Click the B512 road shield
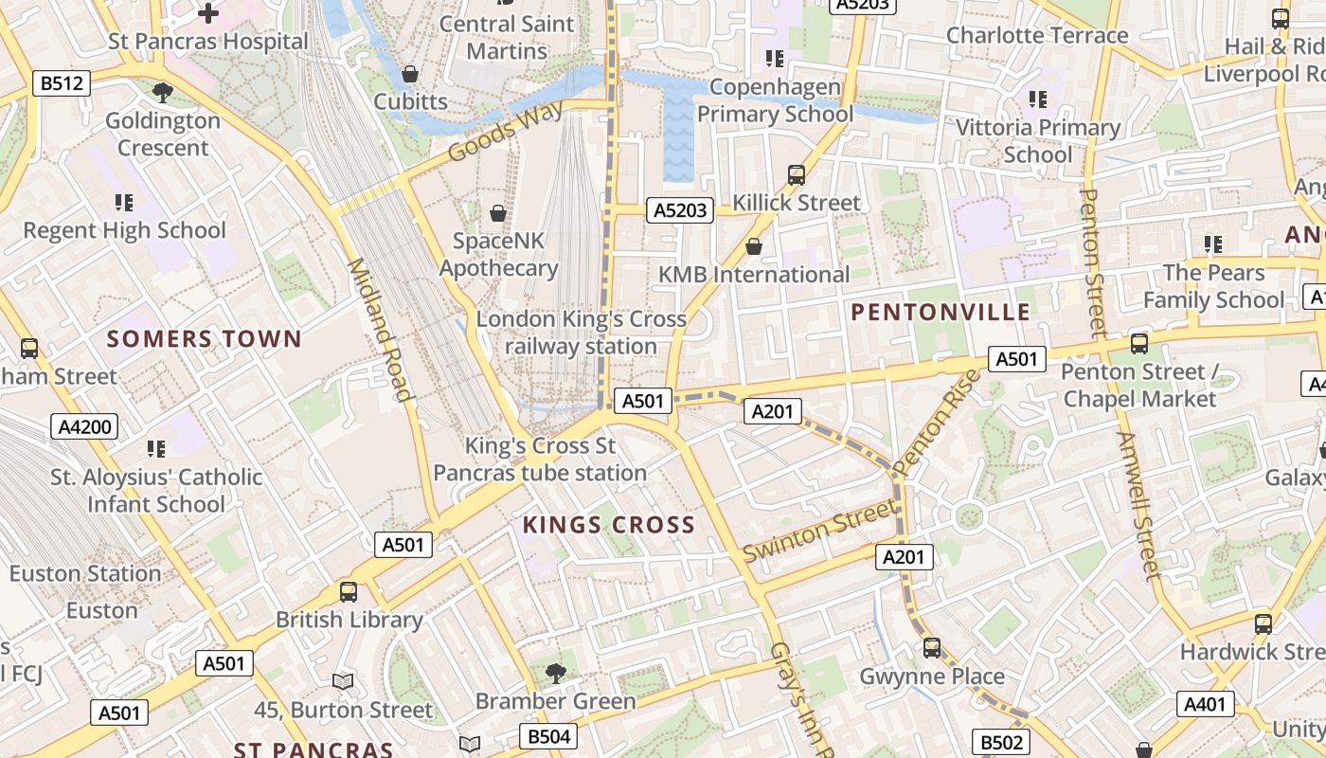62,83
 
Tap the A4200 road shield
85,427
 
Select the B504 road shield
548,737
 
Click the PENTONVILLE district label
941,312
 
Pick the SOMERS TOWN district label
204,338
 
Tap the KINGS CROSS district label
608,525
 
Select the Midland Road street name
380,330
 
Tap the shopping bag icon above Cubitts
410,73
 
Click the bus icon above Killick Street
797,175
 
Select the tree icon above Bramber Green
555,674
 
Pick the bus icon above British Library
349,592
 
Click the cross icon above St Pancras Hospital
208,13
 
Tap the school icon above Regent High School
124,202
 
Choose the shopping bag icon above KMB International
754,246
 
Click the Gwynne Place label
932,677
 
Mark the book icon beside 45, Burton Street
343,681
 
